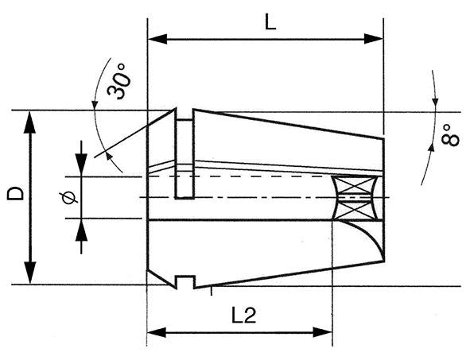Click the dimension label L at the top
click(270, 22)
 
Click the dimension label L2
click(243, 315)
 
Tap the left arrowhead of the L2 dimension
click(155, 331)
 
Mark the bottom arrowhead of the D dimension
click(30, 276)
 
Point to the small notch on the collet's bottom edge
click(185, 281)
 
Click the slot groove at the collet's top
click(184, 115)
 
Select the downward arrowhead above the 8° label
click(435, 102)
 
